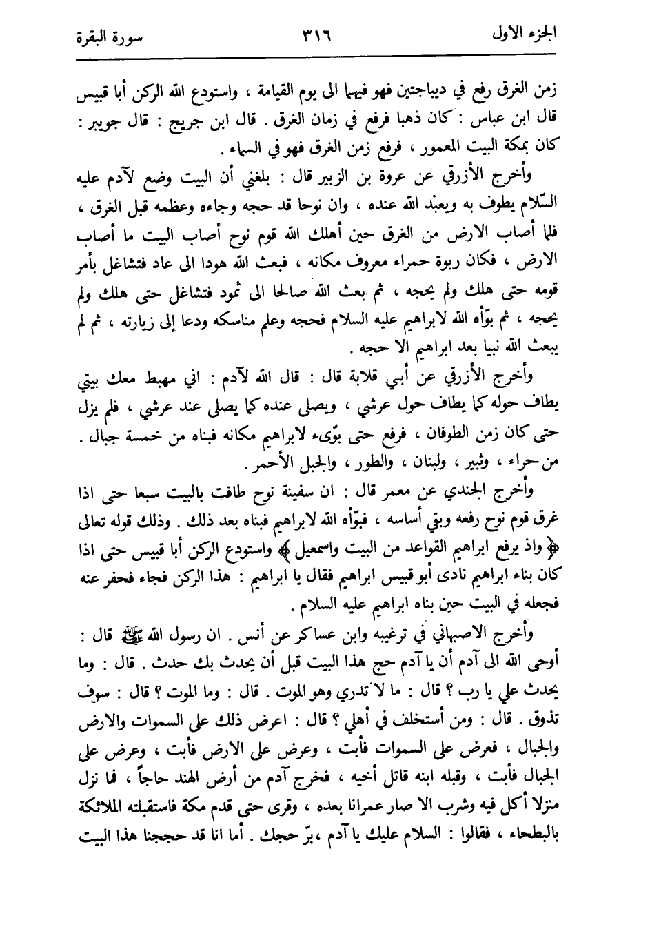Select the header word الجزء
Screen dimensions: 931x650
tap(565, 33)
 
